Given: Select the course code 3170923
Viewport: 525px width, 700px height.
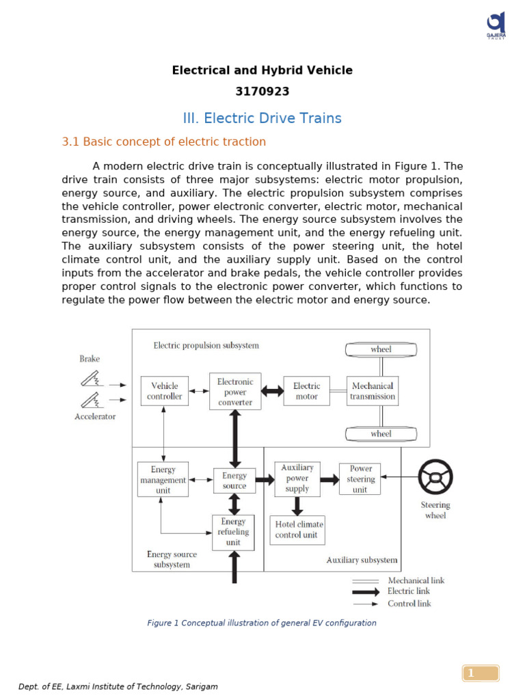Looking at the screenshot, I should (262, 92).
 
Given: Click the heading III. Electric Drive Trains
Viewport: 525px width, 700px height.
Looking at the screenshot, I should (262, 118).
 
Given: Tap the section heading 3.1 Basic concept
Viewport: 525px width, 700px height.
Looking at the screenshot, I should (164, 142).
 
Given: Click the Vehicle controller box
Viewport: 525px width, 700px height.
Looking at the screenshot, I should (165, 391).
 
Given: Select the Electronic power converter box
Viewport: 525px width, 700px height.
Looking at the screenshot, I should (235, 392).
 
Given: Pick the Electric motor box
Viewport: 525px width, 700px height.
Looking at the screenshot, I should (306, 391).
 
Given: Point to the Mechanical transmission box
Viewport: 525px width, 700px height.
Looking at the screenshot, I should (373, 391).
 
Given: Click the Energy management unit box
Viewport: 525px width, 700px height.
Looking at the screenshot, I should (163, 480).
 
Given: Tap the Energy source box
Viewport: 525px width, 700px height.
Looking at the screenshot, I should (234, 481).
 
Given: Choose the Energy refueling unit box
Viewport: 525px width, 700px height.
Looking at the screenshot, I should (233, 532).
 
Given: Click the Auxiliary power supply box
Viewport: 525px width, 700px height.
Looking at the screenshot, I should (297, 479).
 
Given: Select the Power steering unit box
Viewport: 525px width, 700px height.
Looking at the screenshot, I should (360, 479).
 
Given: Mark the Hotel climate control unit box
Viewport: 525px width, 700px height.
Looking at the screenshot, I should (297, 530).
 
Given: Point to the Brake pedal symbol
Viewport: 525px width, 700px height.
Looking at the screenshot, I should (90, 379).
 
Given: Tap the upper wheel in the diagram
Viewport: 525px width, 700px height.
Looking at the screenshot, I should (381, 349).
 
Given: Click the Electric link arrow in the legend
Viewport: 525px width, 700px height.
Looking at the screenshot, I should (366, 591).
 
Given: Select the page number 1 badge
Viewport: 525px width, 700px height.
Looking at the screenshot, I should (481, 673).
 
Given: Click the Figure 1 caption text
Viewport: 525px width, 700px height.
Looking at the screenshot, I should (262, 623).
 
